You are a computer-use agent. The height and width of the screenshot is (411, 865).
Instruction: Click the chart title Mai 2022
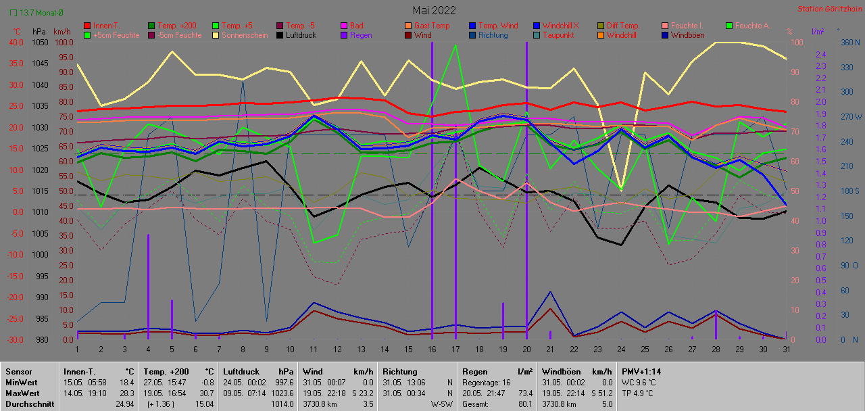(x=434, y=10)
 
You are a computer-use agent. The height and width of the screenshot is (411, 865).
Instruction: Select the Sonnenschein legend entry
(x=240, y=35)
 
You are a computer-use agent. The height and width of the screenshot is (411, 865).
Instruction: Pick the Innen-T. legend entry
(x=107, y=26)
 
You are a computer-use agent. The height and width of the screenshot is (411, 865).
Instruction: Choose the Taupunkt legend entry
(x=558, y=35)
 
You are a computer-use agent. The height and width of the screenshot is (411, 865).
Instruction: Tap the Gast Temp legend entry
(x=432, y=26)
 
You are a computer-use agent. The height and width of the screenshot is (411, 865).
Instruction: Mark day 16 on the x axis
(x=432, y=349)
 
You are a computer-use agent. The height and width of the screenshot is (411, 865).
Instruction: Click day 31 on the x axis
(x=786, y=349)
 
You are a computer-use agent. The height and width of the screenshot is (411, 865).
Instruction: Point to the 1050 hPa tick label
(x=40, y=42)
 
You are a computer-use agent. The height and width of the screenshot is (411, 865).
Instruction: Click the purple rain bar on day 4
(x=148, y=284)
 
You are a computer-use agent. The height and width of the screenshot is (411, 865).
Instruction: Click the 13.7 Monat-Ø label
(x=41, y=13)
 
